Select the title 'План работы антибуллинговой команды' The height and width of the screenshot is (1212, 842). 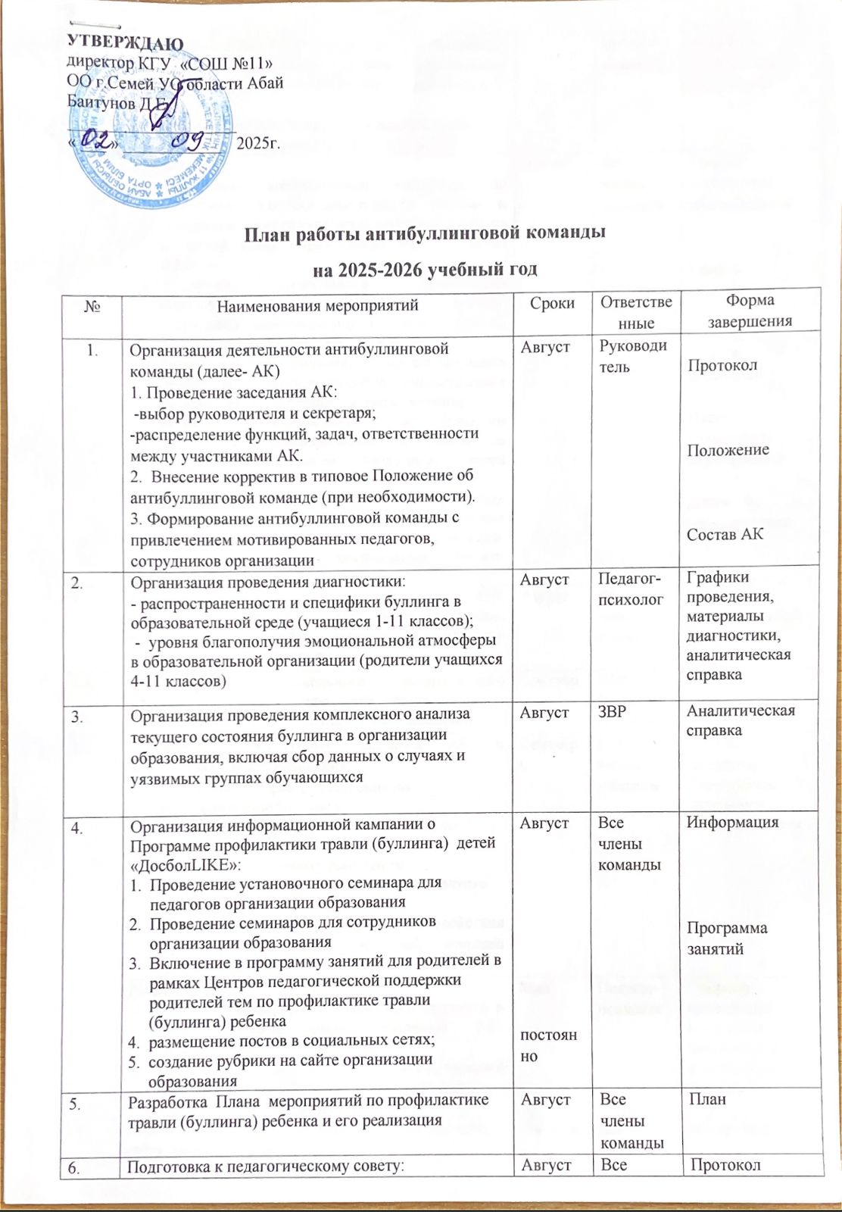[x=424, y=233]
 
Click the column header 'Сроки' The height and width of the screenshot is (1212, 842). [x=552, y=305]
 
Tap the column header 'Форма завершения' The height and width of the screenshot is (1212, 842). [x=750, y=311]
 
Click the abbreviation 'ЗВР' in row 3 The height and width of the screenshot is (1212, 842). [x=613, y=711]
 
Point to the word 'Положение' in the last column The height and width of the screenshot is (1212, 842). [x=728, y=450]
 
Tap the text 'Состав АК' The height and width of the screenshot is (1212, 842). [x=725, y=534]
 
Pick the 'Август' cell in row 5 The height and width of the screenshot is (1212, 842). [x=546, y=1098]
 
